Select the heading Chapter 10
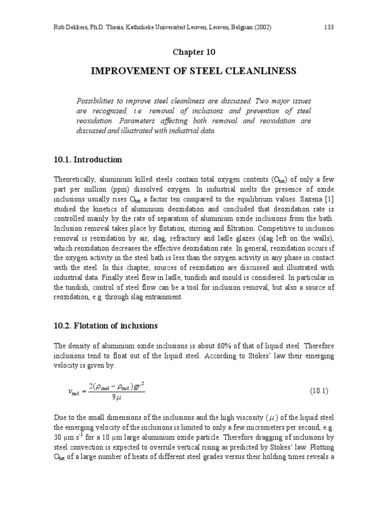pos(193,52)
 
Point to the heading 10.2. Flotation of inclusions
pos(106,326)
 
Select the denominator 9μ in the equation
pos(117,397)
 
